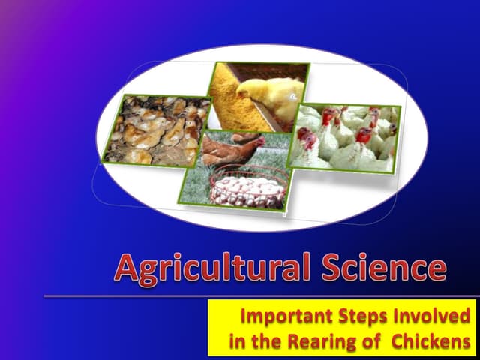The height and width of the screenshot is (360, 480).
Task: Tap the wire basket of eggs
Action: pyautogui.click(x=248, y=188)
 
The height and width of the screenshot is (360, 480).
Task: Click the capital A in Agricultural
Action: pyautogui.click(x=129, y=268)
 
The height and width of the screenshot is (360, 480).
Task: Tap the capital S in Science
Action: pyautogui.click(x=332, y=268)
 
